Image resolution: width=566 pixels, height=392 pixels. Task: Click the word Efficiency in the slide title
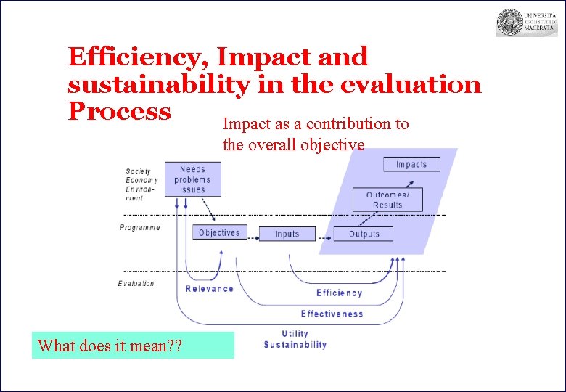click(x=138, y=57)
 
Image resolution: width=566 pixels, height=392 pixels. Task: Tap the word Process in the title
click(x=119, y=111)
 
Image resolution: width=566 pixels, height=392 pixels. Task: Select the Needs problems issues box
click(x=192, y=179)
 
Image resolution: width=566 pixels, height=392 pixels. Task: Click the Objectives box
click(x=218, y=233)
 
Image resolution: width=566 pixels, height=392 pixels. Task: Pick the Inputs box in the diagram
click(x=287, y=234)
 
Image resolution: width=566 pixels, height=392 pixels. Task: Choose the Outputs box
click(x=364, y=234)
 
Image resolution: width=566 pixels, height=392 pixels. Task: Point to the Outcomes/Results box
click(x=387, y=200)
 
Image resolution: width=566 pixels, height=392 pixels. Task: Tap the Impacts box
click(x=411, y=164)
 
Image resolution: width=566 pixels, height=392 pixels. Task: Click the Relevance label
click(x=210, y=289)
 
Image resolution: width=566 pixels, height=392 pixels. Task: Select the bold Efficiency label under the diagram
click(x=339, y=293)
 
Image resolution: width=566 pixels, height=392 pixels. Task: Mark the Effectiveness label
click(x=332, y=314)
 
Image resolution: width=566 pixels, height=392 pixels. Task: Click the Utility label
click(x=295, y=334)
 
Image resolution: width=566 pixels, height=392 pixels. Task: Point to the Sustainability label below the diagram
click(x=295, y=345)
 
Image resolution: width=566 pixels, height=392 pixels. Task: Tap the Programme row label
click(x=139, y=228)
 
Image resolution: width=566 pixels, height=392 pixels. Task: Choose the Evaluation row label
click(x=136, y=284)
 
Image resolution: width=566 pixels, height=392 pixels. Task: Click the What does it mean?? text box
click(x=133, y=346)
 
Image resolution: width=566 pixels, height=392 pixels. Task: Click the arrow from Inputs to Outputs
click(x=325, y=234)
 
